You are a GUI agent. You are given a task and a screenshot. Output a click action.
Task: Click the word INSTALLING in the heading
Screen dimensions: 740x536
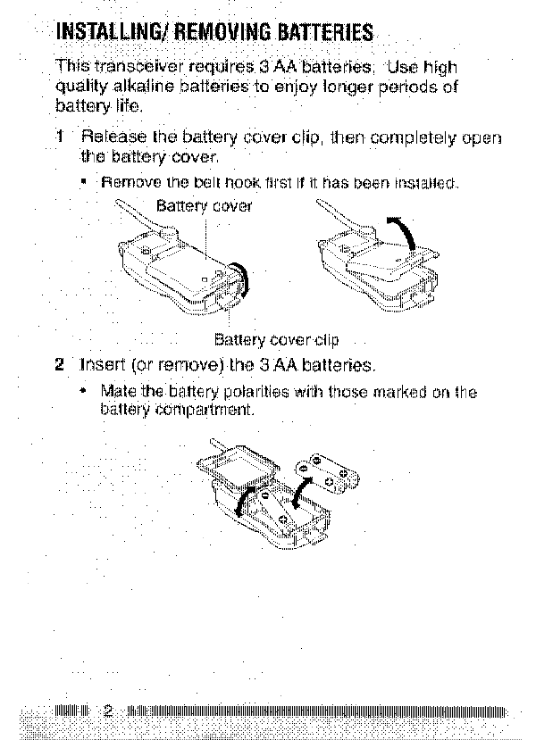tap(107, 34)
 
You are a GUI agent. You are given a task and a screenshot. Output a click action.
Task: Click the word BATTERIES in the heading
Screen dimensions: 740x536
tap(318, 34)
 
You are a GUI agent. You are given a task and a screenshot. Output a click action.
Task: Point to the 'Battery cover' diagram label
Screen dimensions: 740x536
tap(205, 206)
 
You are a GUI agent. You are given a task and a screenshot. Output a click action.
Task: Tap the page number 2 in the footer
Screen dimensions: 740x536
tap(108, 711)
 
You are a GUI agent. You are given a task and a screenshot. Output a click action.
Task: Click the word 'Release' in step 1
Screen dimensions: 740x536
tap(111, 138)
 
